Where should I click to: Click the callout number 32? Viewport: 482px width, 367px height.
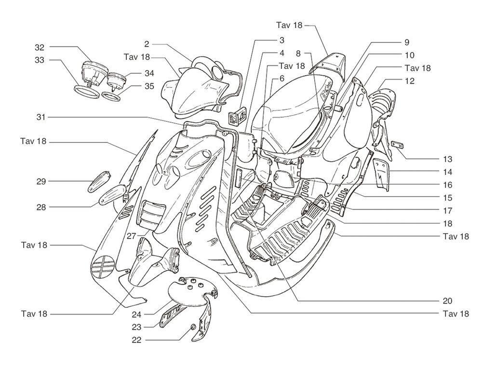click(40, 47)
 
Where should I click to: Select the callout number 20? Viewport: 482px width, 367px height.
click(447, 301)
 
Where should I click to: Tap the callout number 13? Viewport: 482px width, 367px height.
click(447, 159)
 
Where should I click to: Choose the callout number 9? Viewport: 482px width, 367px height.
click(406, 42)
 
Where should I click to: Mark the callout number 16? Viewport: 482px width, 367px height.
click(447, 184)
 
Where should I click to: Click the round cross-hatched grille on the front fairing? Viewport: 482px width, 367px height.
click(103, 265)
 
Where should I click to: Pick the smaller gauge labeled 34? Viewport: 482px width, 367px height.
click(116, 80)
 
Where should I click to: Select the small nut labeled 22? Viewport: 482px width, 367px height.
click(194, 328)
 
